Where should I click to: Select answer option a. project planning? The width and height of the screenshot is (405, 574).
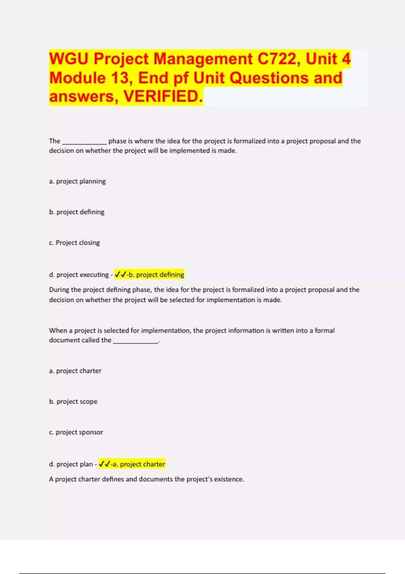[77, 181]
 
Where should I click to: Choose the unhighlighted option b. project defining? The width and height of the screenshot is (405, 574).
[77, 212]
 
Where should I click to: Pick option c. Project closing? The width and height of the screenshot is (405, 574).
[74, 243]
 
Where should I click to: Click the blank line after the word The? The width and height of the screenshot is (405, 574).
[84, 142]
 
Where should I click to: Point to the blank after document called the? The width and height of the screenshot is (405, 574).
[135, 341]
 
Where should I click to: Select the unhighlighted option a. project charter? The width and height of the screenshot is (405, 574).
[75, 371]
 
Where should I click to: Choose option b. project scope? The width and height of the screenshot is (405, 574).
[73, 401]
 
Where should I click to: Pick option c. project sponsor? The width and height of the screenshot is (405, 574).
[76, 432]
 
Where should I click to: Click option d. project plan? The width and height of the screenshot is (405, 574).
[71, 464]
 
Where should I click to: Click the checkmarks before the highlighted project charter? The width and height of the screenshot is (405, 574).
[104, 464]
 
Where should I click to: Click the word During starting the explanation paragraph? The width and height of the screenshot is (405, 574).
[59, 290]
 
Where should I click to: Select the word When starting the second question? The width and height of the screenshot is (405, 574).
[58, 331]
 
